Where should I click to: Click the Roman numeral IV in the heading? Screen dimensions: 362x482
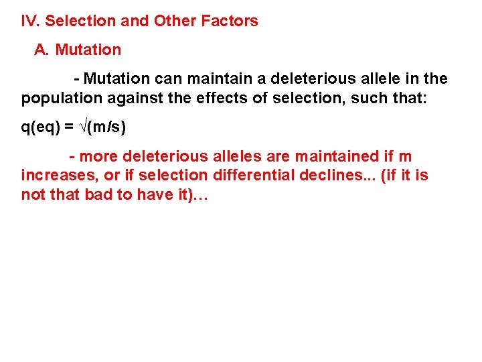(30, 21)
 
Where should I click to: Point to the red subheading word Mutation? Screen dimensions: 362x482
(88, 50)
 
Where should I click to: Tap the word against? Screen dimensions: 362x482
(127, 99)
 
